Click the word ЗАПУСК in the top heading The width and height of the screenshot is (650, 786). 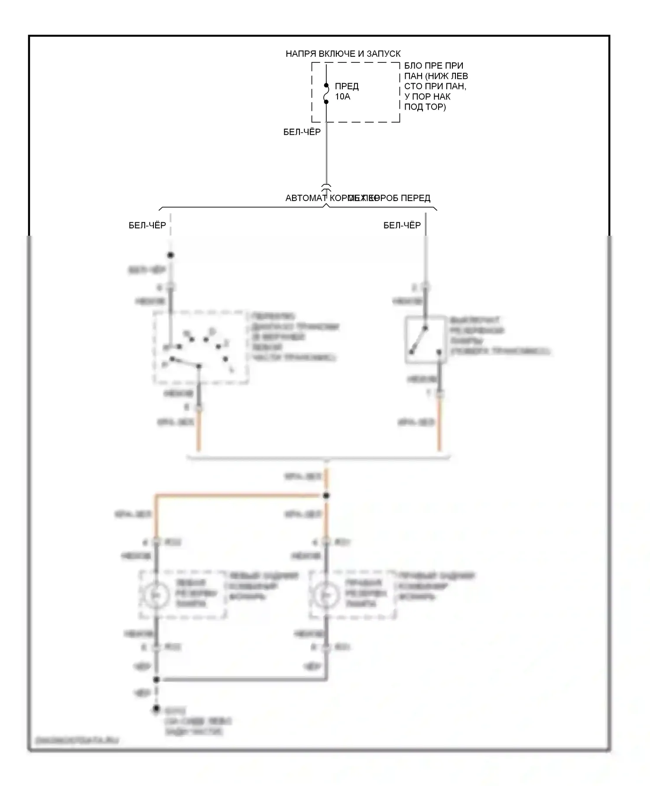pos(383,54)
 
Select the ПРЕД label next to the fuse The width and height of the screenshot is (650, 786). pos(347,86)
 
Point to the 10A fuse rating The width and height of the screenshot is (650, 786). pos(342,96)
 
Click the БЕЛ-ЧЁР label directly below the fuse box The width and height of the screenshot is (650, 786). pos(302,132)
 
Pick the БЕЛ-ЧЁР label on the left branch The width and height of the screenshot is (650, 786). pos(147,225)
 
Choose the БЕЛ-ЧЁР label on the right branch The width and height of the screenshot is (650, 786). pos(402,225)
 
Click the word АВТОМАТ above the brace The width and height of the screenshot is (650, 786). pos(305,198)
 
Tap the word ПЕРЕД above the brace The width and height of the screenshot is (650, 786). pos(415,198)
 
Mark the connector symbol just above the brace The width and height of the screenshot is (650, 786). pos(326,187)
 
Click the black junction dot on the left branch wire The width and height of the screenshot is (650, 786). pos(171,255)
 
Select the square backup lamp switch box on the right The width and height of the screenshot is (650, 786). pos(426,340)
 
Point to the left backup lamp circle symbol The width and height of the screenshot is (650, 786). pos(156,594)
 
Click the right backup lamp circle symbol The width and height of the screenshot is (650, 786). pos(326,594)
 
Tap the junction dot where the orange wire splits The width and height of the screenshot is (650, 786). pos(326,496)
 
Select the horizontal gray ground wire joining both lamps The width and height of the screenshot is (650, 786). pos(240,679)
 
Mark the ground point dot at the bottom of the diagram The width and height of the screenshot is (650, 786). pos(156,709)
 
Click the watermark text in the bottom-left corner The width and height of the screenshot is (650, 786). pos(76,741)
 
